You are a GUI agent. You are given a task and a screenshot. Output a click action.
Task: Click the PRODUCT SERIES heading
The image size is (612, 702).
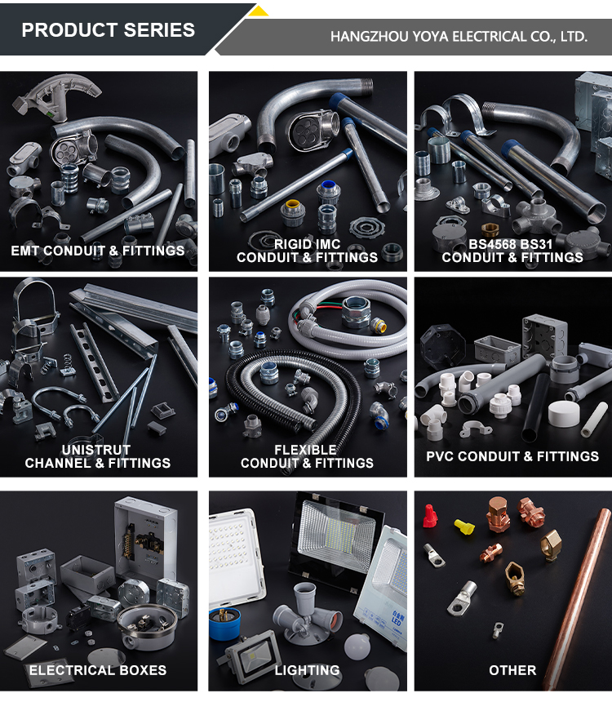(x=109, y=30)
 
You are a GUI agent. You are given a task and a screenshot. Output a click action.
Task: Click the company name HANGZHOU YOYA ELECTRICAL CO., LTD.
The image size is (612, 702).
(x=459, y=36)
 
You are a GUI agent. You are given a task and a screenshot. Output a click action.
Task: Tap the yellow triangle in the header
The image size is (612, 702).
(x=259, y=11)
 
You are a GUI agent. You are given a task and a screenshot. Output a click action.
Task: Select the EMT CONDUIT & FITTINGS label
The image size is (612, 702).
(x=98, y=251)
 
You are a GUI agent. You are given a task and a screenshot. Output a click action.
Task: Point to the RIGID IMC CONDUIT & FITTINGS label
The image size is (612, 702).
(x=307, y=251)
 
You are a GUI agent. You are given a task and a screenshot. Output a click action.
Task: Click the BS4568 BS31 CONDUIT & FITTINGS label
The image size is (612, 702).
(x=512, y=251)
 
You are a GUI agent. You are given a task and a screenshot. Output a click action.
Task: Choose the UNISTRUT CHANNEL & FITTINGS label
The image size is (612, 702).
(x=98, y=456)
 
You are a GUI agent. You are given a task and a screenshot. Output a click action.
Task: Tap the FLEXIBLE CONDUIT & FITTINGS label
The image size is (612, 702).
(x=307, y=456)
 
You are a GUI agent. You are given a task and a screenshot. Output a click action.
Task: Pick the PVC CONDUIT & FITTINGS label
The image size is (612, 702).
(x=512, y=456)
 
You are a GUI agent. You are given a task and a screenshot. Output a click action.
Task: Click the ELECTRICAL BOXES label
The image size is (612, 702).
(x=98, y=670)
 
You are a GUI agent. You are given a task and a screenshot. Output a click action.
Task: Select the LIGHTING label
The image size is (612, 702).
(x=307, y=670)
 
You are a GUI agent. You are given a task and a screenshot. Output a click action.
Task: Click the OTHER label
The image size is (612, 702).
(x=512, y=670)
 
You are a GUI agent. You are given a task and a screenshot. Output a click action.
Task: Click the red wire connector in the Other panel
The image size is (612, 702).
(x=430, y=515)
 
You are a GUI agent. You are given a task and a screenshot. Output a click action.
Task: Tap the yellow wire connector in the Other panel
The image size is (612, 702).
(x=464, y=526)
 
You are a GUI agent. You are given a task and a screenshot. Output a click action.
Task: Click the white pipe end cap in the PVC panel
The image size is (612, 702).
(x=564, y=414)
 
